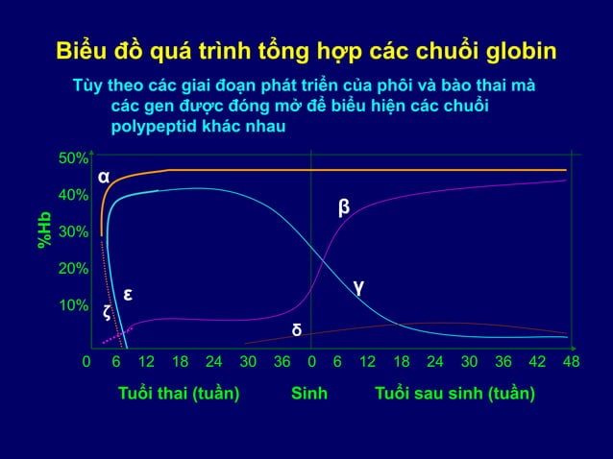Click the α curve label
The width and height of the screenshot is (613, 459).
(x=104, y=177)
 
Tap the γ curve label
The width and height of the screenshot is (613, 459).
(x=357, y=285)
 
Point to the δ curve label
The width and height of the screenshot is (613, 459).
(x=297, y=330)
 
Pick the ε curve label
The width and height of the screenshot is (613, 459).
(x=126, y=293)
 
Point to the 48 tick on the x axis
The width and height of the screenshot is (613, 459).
(x=571, y=362)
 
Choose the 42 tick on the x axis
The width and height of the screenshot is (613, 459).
(x=538, y=362)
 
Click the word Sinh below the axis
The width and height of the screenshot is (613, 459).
(x=309, y=394)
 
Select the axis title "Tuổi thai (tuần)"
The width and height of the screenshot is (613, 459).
(x=178, y=394)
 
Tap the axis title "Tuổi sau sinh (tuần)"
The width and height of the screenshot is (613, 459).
(x=454, y=394)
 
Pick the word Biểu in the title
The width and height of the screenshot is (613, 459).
(x=83, y=51)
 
